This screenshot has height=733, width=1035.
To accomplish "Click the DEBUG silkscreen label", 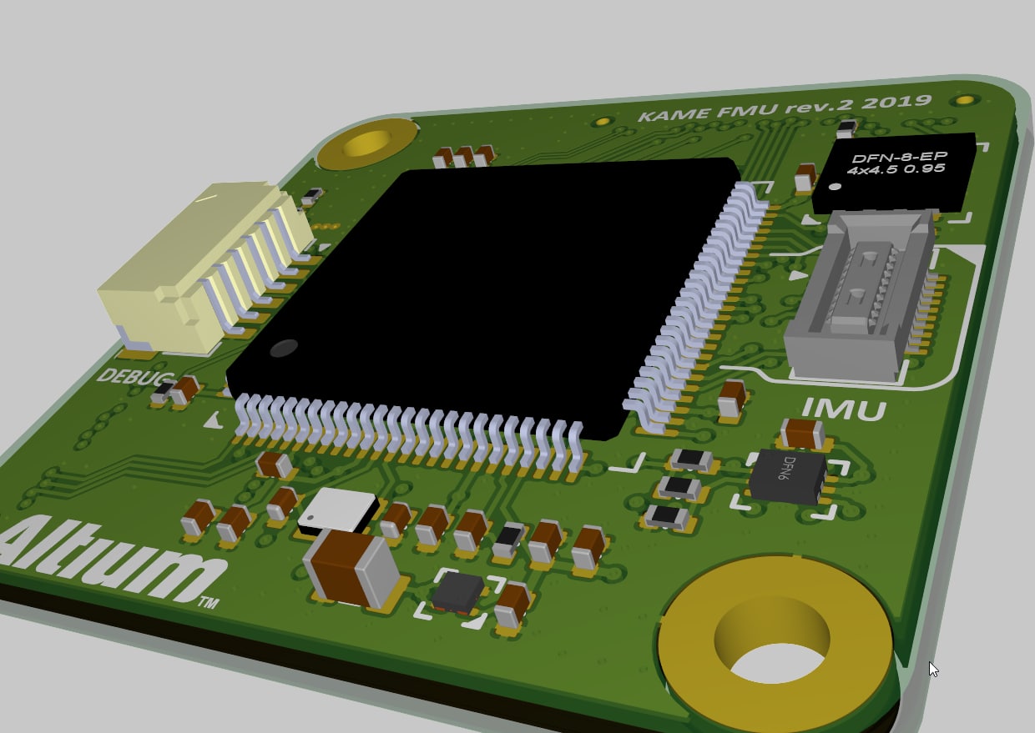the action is [135, 377].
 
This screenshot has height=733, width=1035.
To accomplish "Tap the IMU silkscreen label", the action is [844, 409].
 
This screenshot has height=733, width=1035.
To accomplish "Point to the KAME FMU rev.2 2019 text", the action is [784, 108].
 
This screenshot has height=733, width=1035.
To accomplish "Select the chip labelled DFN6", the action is [787, 476].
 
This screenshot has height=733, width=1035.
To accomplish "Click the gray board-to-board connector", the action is [860, 295].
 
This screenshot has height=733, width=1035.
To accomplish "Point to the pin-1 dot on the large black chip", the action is [284, 348].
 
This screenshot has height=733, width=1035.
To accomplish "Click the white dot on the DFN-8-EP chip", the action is [835, 187].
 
